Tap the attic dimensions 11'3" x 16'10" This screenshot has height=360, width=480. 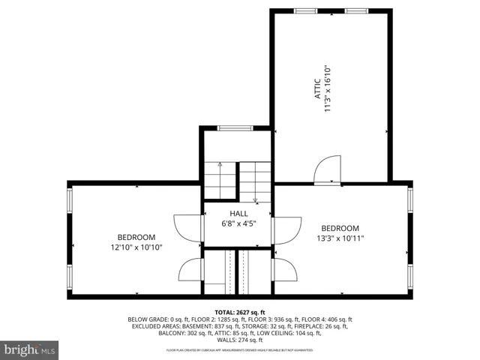[x=328, y=88]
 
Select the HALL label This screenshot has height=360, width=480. [x=239, y=214]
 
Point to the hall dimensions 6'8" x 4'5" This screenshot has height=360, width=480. [x=239, y=223]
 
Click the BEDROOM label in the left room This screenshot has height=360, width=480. [x=136, y=237]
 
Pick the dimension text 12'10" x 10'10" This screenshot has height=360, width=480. [x=136, y=247]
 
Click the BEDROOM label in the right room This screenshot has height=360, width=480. [x=340, y=229]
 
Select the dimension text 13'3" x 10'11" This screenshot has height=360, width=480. [x=340, y=238]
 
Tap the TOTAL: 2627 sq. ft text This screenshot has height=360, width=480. [x=240, y=311]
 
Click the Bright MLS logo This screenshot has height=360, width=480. [x=30, y=349]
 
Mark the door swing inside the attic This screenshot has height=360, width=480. [x=328, y=169]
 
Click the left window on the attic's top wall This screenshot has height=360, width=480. [x=305, y=10]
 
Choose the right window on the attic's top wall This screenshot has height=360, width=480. [x=356, y=10]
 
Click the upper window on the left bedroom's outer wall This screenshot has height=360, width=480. [x=70, y=200]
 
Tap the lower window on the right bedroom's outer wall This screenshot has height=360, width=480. [x=410, y=275]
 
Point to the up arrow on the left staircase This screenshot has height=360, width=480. [x=220, y=163]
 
